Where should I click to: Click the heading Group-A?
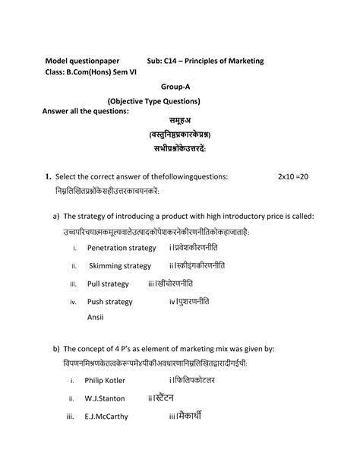click(x=181, y=87)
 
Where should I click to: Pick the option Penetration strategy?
click(x=122, y=248)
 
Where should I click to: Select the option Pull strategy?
click(x=109, y=284)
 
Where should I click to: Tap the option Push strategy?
click(x=110, y=302)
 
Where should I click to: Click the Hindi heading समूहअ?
click(x=180, y=119)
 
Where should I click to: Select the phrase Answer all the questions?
click(x=86, y=112)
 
